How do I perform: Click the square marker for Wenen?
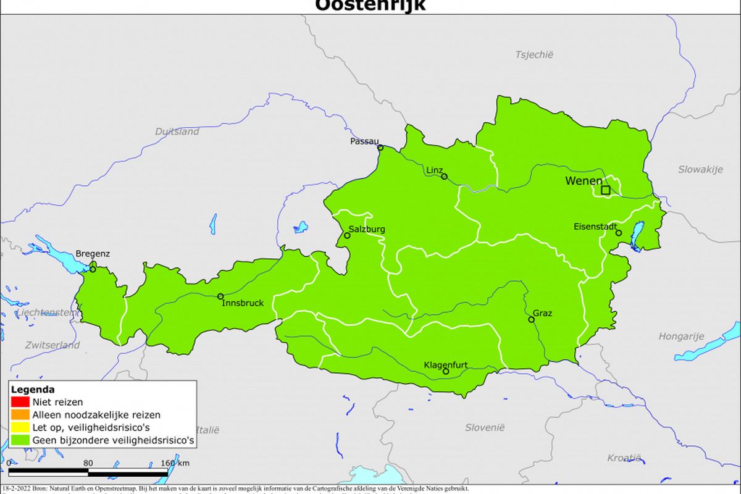click(606, 190)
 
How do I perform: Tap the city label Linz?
click(434, 170)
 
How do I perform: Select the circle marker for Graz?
click(531, 320)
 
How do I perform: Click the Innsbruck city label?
click(243, 303)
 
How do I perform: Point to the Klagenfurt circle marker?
click(446, 371)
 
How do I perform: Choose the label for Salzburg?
click(367, 229)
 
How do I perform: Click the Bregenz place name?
click(93, 254)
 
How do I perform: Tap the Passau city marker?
click(380, 148)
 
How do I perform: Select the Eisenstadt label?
click(595, 227)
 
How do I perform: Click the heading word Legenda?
click(33, 390)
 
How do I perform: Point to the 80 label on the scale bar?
click(88, 463)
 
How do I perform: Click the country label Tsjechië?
click(534, 54)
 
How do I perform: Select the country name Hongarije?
click(681, 337)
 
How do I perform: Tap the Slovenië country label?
click(485, 427)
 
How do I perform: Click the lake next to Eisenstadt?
click(637, 235)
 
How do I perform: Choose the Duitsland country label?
click(177, 132)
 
